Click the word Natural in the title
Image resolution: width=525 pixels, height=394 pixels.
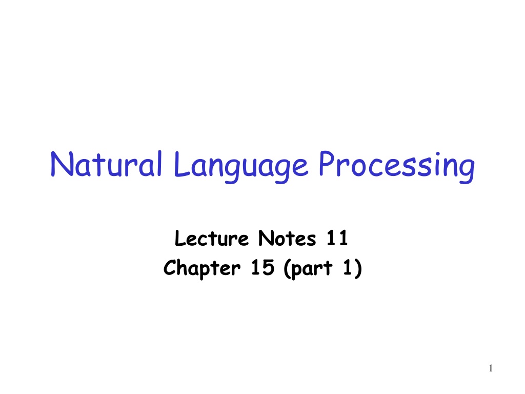click(106, 164)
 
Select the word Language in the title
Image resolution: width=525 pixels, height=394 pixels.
click(240, 167)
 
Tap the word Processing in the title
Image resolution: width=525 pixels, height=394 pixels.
click(397, 167)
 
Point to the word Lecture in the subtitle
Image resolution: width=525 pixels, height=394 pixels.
click(212, 238)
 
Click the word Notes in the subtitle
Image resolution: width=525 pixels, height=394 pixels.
click(287, 238)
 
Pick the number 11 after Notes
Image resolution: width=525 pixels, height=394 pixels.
click(337, 238)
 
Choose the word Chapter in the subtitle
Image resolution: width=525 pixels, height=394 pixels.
click(202, 268)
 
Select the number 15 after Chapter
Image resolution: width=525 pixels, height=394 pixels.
click(263, 267)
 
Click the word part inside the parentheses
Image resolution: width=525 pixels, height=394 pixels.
click(312, 269)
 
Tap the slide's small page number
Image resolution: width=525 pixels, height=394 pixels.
click(491, 368)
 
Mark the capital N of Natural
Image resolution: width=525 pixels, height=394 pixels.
click(62, 164)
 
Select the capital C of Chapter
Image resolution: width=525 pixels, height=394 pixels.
click(170, 267)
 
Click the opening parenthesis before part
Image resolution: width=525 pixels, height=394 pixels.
click(287, 269)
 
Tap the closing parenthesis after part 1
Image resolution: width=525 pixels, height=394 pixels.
click(358, 269)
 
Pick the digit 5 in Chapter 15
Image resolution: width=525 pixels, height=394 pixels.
click(268, 267)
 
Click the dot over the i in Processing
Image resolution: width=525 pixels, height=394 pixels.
click(438, 154)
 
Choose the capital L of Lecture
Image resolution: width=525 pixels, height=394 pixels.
click(180, 238)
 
